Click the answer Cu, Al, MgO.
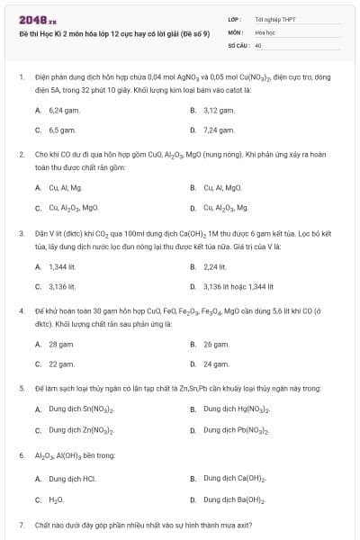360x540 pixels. coord(222,187)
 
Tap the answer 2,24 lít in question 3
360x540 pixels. coord(215,265)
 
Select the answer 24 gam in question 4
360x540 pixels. coord(216,364)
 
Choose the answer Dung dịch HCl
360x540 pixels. coord(72,478)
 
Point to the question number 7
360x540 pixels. coord(21,523)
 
